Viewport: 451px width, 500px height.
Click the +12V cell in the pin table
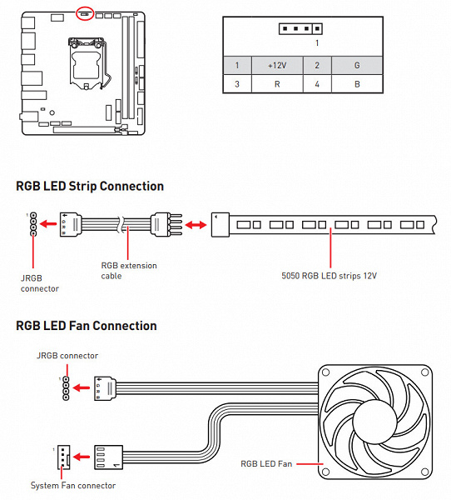coord(277,65)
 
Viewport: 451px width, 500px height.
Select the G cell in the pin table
coord(357,65)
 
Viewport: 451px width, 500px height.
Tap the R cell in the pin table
coord(277,84)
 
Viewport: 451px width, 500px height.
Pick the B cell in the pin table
coord(357,84)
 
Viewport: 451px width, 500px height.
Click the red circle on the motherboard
coord(85,7)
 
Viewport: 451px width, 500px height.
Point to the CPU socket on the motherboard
coord(87,63)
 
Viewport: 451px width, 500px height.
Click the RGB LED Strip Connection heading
coord(90,186)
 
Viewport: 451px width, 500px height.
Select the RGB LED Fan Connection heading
coord(87,326)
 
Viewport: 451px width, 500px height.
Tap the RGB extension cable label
coord(129,271)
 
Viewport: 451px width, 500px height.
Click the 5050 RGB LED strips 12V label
coord(329,276)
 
